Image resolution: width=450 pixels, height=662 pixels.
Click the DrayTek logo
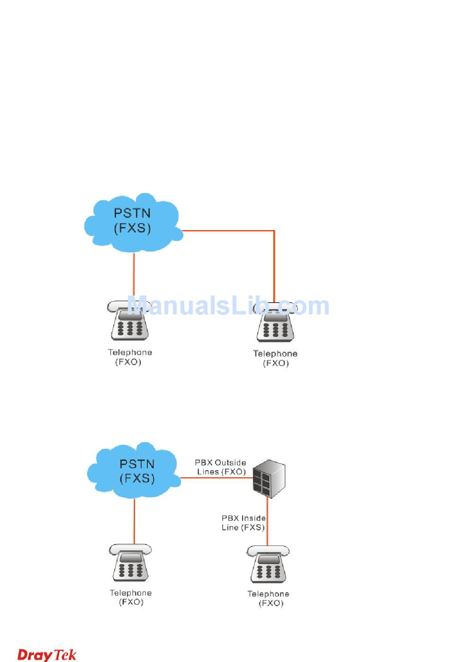pos(46,654)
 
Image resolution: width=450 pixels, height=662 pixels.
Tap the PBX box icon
pos(269,478)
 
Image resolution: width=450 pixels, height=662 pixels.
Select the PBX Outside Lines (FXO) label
pos(221,467)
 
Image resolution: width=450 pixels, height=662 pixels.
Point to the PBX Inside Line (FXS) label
pos(243,523)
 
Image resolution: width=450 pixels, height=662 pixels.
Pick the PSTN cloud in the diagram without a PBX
pos(133,222)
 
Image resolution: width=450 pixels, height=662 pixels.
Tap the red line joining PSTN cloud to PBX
pos(216,478)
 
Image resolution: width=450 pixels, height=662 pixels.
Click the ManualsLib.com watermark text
pos(228,306)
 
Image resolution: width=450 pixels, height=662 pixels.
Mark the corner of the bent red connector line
pos(274,231)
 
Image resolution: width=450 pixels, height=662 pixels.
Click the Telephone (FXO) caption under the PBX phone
pos(269,599)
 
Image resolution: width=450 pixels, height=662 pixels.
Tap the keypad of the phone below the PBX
pos(269,571)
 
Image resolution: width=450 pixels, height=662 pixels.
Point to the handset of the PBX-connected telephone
pos(268,551)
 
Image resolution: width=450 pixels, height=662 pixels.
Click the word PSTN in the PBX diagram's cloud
pos(137,464)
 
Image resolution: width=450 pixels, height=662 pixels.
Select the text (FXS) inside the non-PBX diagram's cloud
pos(133,228)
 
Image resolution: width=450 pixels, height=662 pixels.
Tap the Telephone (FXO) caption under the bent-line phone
pos(275,358)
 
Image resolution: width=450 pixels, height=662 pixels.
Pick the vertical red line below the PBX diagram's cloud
pos(135,521)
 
